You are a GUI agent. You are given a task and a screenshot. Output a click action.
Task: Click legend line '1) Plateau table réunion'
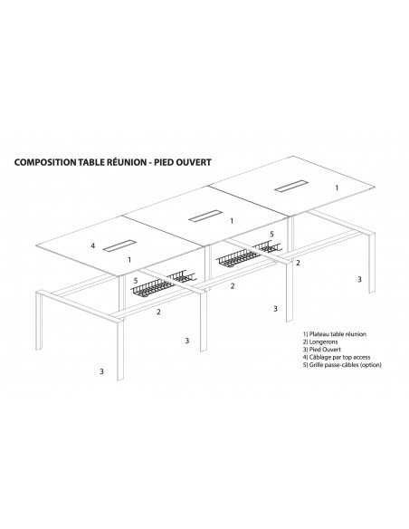point(335,332)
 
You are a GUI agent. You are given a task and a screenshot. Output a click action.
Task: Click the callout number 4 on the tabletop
point(93,245)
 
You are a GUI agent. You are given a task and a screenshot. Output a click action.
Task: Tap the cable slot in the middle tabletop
point(203,216)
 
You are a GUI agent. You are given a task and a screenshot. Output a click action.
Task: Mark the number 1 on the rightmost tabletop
point(337,188)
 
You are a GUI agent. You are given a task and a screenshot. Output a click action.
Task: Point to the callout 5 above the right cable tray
point(271,234)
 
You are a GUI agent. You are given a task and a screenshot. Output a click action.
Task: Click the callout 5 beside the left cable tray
point(137,282)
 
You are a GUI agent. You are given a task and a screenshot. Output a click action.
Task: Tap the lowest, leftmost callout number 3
point(101,371)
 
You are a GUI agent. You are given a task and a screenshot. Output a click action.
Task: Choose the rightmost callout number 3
point(359,280)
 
